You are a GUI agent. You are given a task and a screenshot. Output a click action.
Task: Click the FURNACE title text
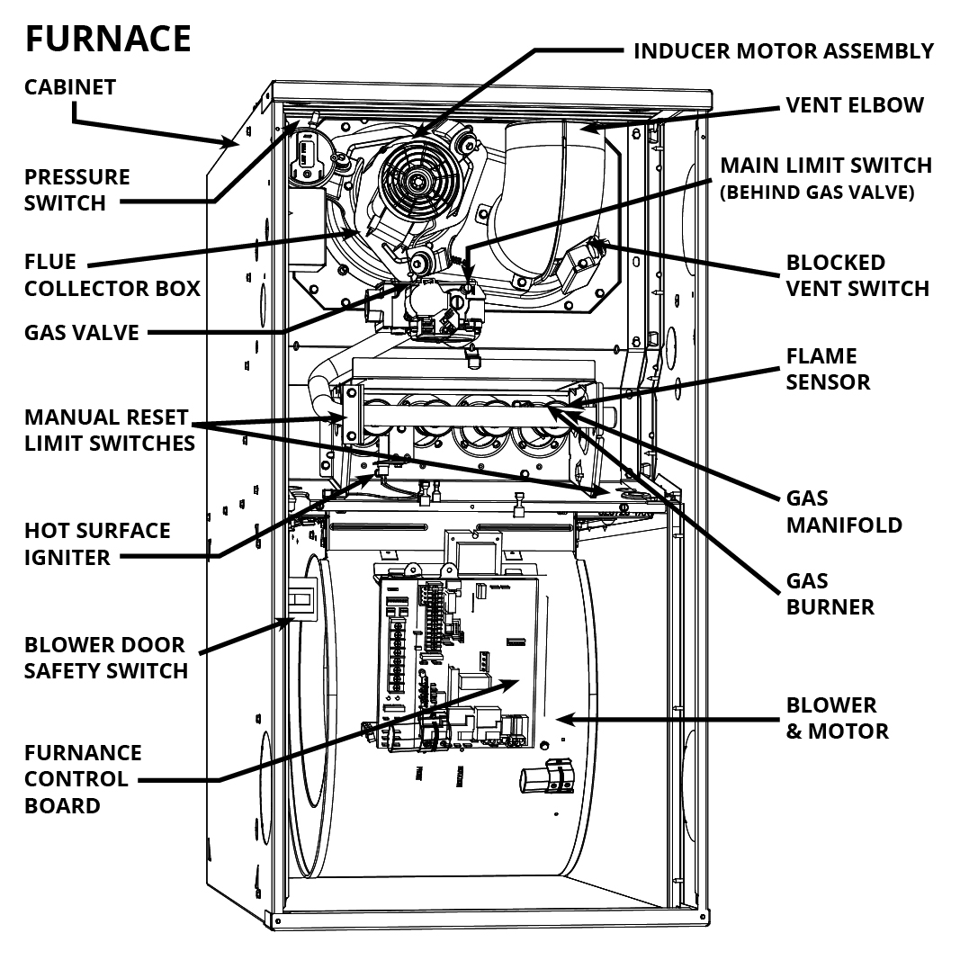coord(107,40)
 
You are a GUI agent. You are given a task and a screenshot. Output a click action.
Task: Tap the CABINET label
coord(70,87)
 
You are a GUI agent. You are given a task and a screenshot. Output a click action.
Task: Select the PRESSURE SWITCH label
coord(76,190)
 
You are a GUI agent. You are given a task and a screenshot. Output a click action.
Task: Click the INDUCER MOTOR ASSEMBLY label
coord(784,50)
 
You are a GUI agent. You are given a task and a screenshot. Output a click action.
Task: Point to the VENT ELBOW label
coord(855,105)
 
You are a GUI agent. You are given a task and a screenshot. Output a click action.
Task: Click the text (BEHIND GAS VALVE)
coord(817,192)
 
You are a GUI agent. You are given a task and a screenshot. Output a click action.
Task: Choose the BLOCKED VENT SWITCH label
coord(857,275)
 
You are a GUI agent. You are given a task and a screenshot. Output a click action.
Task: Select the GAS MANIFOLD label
coord(843,511)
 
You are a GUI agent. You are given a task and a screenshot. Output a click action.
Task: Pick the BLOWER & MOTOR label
coord(837,717)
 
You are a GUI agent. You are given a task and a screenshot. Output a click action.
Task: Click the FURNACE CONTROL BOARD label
coord(83,778)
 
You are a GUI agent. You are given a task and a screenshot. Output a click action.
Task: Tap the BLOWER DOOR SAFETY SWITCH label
coord(105,658)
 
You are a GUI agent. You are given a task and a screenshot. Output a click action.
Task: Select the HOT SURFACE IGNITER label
coord(96,543)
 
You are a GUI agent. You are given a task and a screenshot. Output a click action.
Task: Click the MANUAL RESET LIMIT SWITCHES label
coord(109,430)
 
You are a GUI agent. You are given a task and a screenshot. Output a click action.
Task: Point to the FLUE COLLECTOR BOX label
coord(112,275)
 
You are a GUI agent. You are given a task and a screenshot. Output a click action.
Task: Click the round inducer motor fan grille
coord(417,180)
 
